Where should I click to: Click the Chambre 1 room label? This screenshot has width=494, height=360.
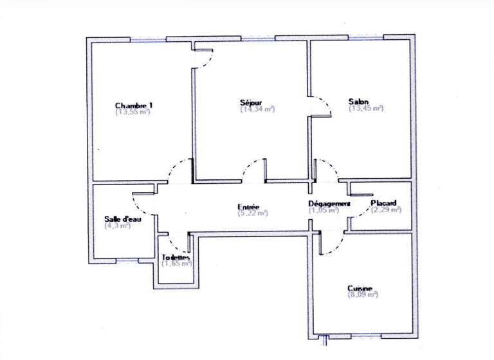coord(134,105)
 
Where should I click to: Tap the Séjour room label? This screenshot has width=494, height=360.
coord(251,102)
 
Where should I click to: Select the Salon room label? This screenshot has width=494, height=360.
coord(358,102)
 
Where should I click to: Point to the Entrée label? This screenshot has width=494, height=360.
coord(248,206)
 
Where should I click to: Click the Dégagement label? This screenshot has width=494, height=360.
coord(329,204)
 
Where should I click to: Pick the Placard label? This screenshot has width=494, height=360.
coord(383,204)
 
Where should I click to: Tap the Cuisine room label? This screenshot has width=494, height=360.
coord(361,289)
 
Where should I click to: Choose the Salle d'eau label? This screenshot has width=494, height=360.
coord(122,219)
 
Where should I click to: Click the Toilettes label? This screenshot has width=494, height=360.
coord(176,257)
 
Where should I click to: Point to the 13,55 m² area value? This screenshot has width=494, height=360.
coord(133,112)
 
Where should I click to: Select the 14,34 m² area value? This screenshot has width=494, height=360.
coord(257,109)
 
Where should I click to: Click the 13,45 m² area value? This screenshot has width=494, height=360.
coord(366,109)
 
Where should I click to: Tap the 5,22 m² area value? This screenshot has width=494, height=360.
coord(252,213)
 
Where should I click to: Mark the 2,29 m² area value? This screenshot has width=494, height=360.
coord(386,210)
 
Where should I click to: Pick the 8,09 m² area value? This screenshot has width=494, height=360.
coord(363,295)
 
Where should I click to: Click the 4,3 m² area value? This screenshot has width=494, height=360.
coord(117,226)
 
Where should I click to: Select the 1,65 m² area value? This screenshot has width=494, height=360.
coord(177,264)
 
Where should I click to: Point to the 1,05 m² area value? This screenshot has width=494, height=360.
coord(324,210)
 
